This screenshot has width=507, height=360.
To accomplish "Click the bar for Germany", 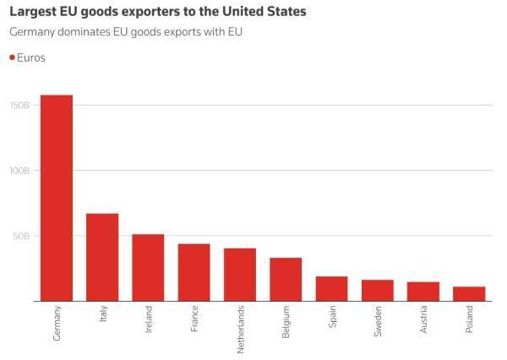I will [57, 198].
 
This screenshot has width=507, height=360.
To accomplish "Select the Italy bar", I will [102, 257].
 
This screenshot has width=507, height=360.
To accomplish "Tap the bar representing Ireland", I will [148, 267].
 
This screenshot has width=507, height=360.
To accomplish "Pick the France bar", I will [194, 272].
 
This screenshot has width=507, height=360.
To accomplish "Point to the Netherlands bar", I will [240, 275].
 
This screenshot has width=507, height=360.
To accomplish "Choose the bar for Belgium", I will [286, 279].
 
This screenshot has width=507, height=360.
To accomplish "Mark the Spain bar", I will [331, 288].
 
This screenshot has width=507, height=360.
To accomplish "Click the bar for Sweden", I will [377, 290].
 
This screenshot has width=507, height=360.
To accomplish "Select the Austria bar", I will [423, 291].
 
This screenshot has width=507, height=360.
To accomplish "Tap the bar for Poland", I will [469, 293].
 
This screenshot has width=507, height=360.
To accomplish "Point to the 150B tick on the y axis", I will [20, 106].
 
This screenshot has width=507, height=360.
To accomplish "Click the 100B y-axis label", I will [20, 171].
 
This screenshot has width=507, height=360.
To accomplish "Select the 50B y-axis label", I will [22, 236].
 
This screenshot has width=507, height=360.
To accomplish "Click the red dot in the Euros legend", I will [12, 57].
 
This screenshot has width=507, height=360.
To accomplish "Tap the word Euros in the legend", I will [31, 57].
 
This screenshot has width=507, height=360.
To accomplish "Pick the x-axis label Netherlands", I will [240, 329].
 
